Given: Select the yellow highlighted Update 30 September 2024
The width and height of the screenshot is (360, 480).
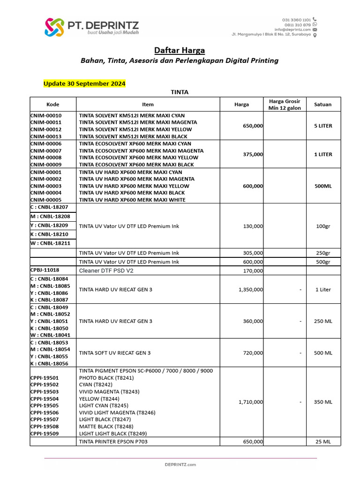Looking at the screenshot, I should click(84, 84).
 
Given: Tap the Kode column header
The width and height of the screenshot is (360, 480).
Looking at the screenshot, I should click(53, 104).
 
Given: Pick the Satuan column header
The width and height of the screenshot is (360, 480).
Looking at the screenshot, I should click(323, 104).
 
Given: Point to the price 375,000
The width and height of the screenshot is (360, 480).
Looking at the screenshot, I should click(253, 154).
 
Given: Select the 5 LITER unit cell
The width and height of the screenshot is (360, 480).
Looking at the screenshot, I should click(323, 126).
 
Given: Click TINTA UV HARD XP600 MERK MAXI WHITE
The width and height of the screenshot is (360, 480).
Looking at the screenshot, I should click(132, 200).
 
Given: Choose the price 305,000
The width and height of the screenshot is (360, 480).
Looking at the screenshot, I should click(253, 253).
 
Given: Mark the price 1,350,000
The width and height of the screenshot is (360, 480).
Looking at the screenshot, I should click(251, 289).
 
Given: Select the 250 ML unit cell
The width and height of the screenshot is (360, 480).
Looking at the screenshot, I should click(323, 321).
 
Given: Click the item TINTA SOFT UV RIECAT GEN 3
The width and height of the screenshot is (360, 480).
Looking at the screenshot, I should click(115, 352).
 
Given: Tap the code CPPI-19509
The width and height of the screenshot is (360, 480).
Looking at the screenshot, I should click(45, 434).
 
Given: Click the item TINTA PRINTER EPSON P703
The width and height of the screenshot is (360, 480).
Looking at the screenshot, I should click(115, 442).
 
